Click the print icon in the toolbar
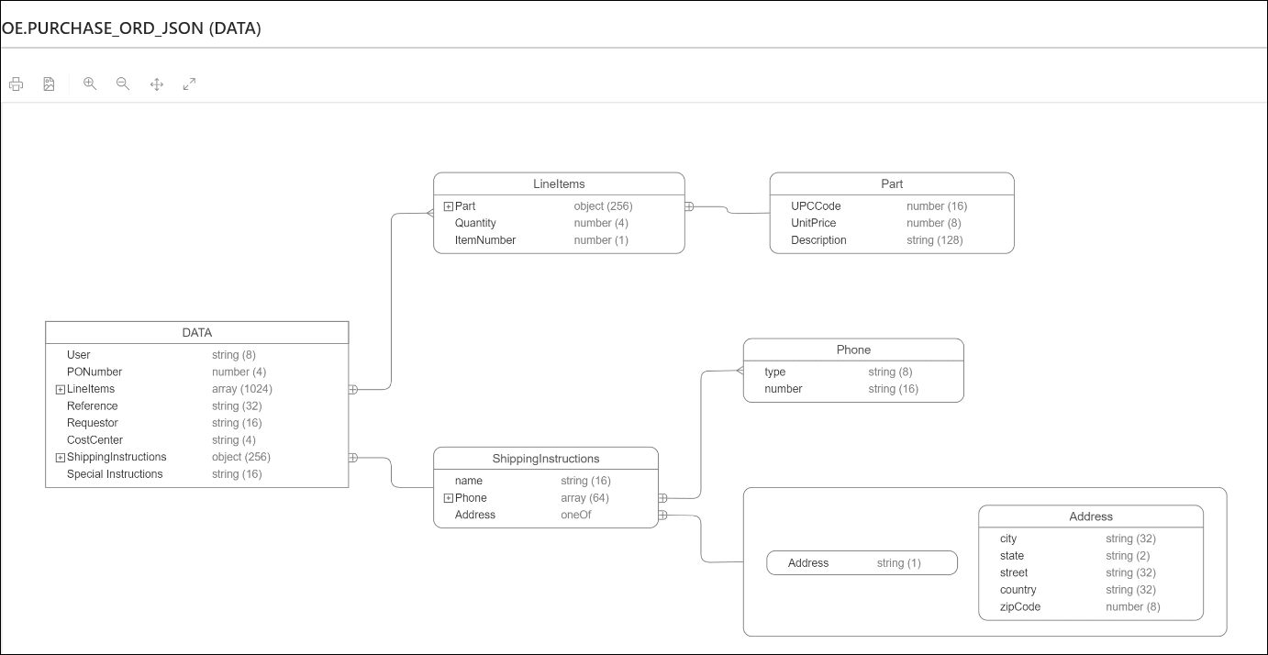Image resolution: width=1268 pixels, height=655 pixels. (17, 84)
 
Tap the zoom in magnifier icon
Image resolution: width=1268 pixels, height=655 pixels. (90, 83)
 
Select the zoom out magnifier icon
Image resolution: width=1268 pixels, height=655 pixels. (123, 83)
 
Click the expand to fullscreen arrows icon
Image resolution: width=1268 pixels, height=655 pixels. (189, 84)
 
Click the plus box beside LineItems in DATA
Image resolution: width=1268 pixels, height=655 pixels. (61, 389)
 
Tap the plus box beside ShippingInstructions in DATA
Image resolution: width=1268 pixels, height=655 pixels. (61, 457)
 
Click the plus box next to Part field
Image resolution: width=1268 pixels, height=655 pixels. (449, 206)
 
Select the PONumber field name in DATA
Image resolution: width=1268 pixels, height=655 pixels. (95, 372)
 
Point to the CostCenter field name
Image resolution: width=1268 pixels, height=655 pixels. (95, 440)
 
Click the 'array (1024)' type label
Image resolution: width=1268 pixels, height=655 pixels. (242, 389)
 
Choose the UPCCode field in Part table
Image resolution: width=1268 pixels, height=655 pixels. (816, 206)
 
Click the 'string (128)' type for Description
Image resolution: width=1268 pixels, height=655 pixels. (934, 240)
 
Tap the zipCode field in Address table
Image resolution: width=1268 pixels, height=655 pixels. (1020, 606)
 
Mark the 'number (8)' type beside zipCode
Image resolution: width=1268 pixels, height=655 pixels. (1133, 606)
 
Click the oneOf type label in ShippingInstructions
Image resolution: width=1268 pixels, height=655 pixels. (576, 516)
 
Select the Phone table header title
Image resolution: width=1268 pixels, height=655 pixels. (853, 350)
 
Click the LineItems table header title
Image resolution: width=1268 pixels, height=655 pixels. (559, 183)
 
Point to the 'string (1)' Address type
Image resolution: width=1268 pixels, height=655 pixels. (898, 563)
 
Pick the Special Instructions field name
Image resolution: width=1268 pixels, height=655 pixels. (115, 474)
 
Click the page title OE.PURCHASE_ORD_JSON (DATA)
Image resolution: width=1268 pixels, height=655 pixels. (132, 28)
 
